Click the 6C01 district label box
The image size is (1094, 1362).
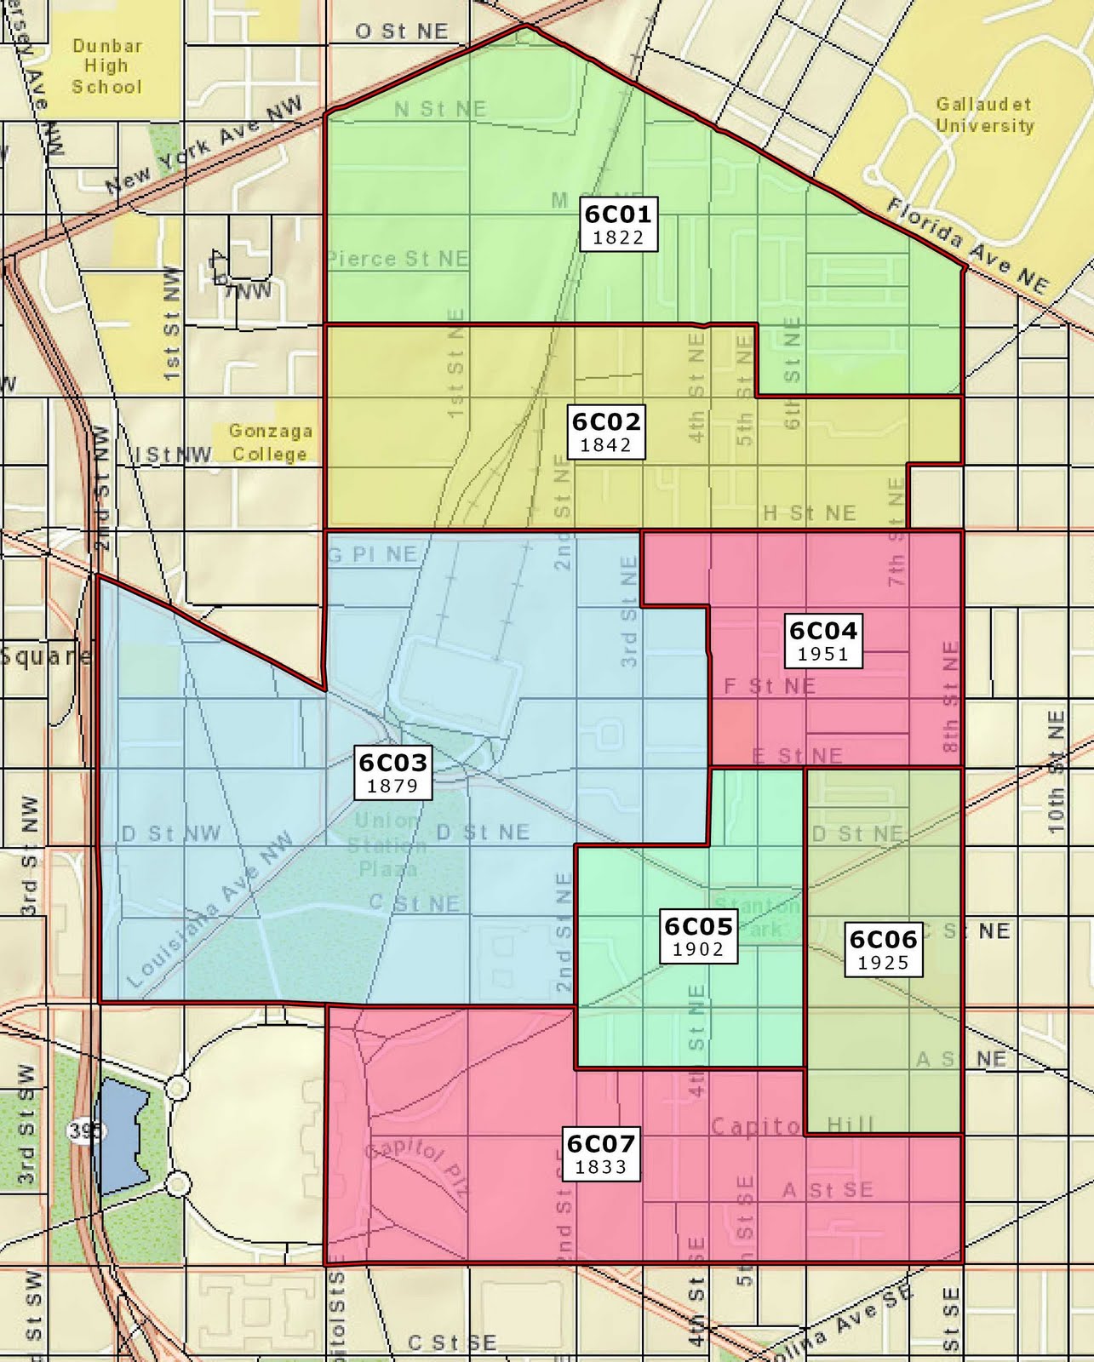pyautogui.click(x=618, y=225)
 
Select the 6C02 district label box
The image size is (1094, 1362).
pyautogui.click(x=606, y=432)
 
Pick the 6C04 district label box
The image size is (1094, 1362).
pyautogui.click(x=823, y=641)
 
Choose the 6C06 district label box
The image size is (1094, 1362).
pyautogui.click(x=883, y=951)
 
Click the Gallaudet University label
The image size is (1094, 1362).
pyautogui.click(x=984, y=115)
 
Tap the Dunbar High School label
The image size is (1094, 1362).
pyautogui.click(x=106, y=66)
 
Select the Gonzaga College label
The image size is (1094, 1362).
pyautogui.click(x=270, y=443)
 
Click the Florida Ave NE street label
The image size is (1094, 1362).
pyautogui.click(x=967, y=245)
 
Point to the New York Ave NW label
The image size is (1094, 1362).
pyautogui.click(x=204, y=146)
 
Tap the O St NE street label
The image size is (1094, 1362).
pyautogui.click(x=401, y=31)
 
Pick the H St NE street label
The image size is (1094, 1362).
pyautogui.click(x=809, y=512)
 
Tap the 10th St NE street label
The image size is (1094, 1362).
pyautogui.click(x=1056, y=771)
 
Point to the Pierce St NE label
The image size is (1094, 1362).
pyautogui.click(x=398, y=258)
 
